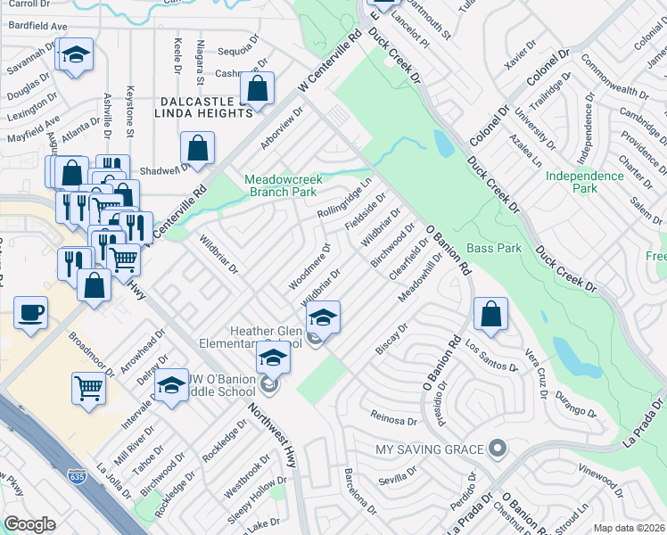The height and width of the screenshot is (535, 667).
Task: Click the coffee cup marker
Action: coord(32,313)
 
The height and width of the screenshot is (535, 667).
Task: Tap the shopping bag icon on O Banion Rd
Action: coord(490,313)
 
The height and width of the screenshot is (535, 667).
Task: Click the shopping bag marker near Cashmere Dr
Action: coord(257,89)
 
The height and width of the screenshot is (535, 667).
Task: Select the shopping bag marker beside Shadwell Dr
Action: coord(198,149)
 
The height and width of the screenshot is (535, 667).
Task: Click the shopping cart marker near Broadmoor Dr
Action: coord(89,387)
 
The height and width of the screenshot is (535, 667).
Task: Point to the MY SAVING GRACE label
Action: coord(430,449)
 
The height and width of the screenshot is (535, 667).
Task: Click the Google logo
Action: coord(30,524)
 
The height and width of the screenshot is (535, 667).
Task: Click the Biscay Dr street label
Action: coord(391,338)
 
